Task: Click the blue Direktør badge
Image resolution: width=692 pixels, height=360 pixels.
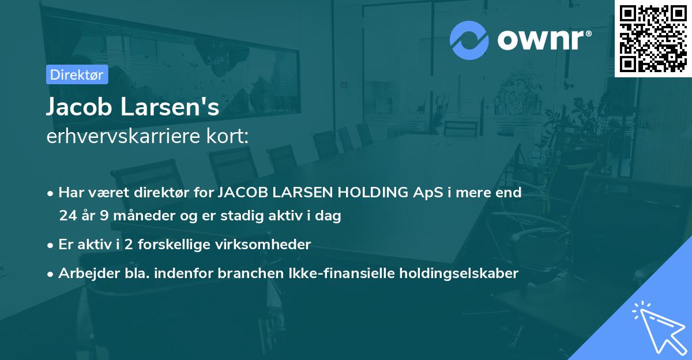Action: (77, 74)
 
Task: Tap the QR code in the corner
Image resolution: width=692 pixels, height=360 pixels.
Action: (653, 38)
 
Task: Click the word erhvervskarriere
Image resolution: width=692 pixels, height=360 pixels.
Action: (125, 137)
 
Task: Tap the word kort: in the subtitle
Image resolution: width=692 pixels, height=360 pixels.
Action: (228, 137)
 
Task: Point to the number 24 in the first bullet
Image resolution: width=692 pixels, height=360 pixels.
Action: (67, 216)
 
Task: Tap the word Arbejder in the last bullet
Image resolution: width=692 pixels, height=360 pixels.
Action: (84, 273)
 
